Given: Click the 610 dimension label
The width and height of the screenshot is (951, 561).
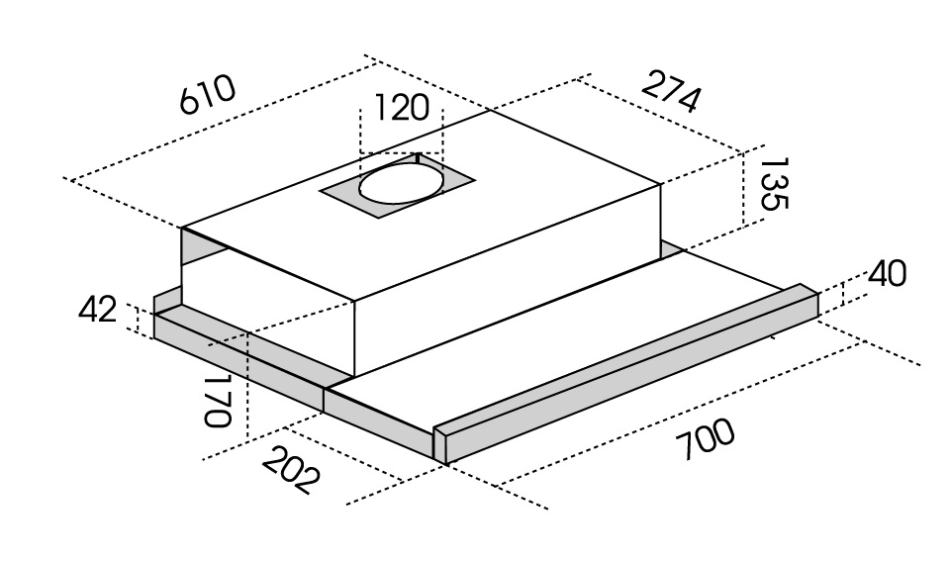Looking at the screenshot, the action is point(208,95).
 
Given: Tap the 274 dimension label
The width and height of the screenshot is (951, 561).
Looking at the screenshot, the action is point(671,92).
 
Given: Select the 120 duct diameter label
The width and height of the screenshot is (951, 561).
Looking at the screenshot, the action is point(402,108).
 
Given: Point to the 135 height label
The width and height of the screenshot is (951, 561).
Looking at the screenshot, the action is point(773,184).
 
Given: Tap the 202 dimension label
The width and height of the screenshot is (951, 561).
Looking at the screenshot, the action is point(291,470).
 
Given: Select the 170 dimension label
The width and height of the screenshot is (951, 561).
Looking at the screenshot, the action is point(218,401).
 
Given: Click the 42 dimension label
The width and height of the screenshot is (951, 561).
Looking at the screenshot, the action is point(97,311).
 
